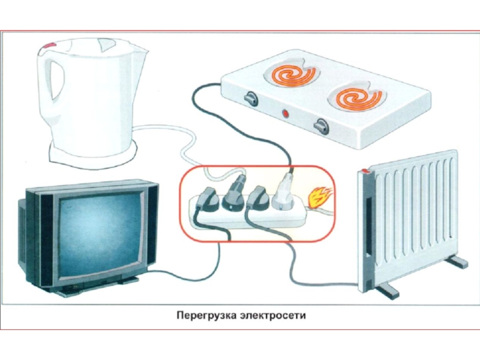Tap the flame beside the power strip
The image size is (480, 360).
pyautogui.click(x=320, y=198)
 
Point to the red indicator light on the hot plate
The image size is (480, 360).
pyautogui.click(x=286, y=113)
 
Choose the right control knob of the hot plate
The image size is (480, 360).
pyautogui.click(x=321, y=125)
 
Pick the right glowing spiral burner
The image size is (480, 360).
pyautogui.click(x=356, y=98)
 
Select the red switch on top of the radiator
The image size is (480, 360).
pyautogui.click(x=365, y=172)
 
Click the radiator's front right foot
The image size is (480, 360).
pyautogui.click(x=458, y=262)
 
